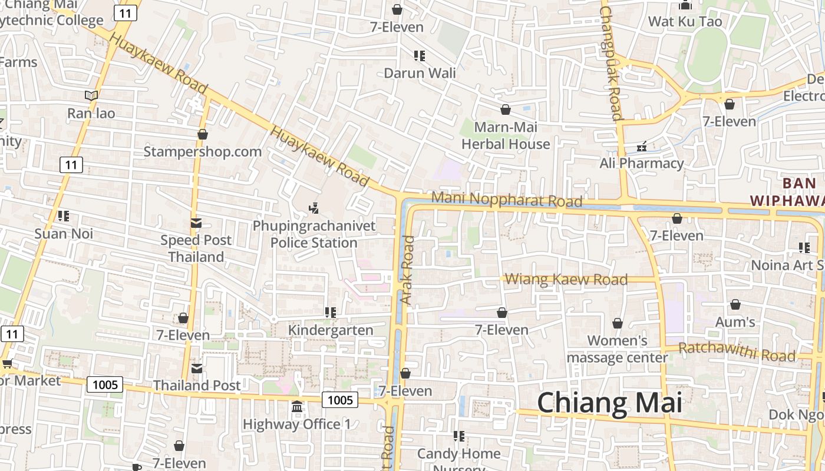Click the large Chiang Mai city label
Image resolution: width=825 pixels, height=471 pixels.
(x=609, y=403)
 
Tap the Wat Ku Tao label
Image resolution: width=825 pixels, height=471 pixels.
(x=685, y=22)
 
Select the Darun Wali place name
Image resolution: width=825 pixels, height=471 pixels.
(x=420, y=73)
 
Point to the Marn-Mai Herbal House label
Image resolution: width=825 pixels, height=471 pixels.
(x=506, y=135)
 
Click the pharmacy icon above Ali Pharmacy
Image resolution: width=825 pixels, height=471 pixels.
(x=642, y=147)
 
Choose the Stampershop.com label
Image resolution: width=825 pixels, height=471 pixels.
(x=203, y=151)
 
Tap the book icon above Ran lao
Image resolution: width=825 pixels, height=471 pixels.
(x=91, y=95)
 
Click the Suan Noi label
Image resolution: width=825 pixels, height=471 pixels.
(x=64, y=233)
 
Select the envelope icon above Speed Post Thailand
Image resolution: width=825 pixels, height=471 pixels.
(x=196, y=223)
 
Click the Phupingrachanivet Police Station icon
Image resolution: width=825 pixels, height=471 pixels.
(x=314, y=208)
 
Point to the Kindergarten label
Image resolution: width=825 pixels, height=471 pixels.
(x=331, y=330)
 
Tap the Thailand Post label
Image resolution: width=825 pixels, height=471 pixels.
(x=197, y=385)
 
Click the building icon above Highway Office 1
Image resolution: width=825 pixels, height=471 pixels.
(x=297, y=407)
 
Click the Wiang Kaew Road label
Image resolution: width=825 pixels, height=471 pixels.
(x=566, y=279)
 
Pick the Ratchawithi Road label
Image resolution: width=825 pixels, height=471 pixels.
(x=737, y=351)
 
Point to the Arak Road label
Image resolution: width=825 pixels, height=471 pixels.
(x=407, y=270)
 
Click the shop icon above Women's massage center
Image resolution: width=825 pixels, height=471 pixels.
(x=618, y=323)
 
